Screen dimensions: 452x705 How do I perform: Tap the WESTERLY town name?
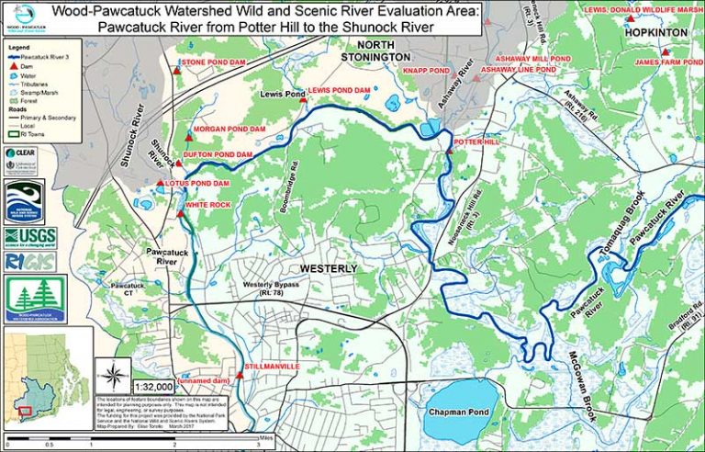coord(329,267)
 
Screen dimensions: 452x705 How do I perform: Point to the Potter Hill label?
coord(476,142)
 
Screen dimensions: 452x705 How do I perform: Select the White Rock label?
coord(207,204)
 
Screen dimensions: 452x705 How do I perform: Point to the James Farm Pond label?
coord(664,62)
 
